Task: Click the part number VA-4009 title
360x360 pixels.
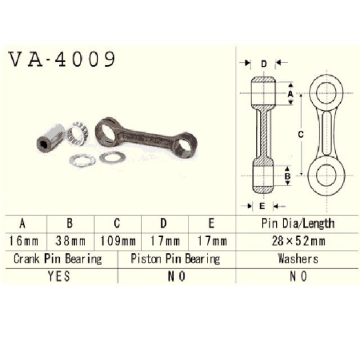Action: pyautogui.click(x=62, y=60)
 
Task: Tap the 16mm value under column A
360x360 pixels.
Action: pyautogui.click(x=24, y=241)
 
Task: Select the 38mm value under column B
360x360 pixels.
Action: pyautogui.click(x=71, y=241)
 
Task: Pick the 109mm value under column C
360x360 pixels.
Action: pyautogui.click(x=118, y=241)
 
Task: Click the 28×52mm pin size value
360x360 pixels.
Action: pyautogui.click(x=298, y=241)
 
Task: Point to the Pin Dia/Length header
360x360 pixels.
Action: pyautogui.click(x=298, y=223)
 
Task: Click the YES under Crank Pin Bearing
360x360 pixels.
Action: pyautogui.click(x=59, y=276)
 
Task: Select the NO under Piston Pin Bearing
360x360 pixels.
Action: pyautogui.click(x=176, y=276)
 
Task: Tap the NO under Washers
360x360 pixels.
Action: pyautogui.click(x=298, y=276)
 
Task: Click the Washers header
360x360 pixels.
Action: pyautogui.click(x=298, y=259)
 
